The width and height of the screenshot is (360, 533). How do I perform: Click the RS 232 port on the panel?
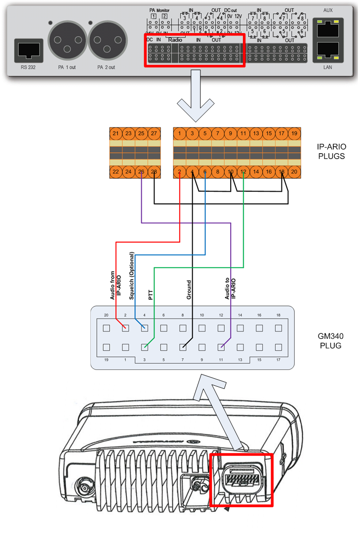click(28, 50)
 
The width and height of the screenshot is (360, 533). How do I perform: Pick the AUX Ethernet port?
click(327, 29)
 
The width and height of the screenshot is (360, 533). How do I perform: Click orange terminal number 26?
click(141, 171)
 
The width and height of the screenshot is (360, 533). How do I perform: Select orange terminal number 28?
click(154, 171)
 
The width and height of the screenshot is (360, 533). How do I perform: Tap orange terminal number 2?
click(179, 171)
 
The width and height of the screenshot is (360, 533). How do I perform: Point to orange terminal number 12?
click(243, 171)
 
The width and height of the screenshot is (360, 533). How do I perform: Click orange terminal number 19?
click(294, 133)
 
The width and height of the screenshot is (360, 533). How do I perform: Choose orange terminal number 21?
click(116, 133)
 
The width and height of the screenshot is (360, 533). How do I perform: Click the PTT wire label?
click(151, 295)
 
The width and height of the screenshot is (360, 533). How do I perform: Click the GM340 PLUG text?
click(329, 340)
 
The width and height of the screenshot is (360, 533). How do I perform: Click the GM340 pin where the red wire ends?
click(125, 327)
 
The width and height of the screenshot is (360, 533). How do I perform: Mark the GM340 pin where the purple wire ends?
click(221, 347)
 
